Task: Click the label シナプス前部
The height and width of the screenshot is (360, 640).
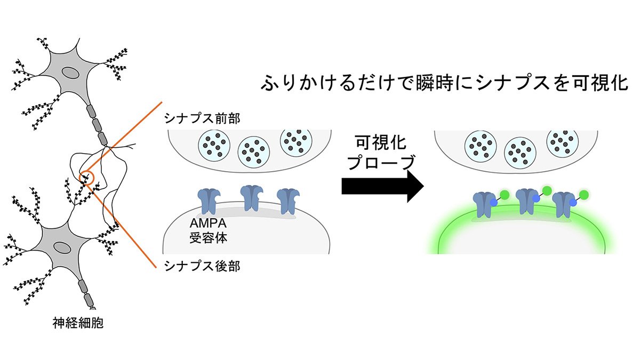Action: pyautogui.click(x=202, y=118)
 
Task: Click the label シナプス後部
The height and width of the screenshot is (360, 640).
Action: pyautogui.click(x=202, y=266)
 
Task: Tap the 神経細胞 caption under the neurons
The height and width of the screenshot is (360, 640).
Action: pyautogui.click(x=78, y=323)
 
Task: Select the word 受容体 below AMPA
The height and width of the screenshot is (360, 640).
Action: pyautogui.click(x=209, y=237)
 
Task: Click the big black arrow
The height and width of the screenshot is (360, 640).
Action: pyautogui.click(x=383, y=187)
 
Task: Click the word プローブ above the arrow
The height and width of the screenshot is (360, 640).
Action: pyautogui.click(x=381, y=163)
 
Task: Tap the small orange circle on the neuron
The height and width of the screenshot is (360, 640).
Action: pyautogui.click(x=86, y=178)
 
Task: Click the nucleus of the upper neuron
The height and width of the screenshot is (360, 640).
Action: pyautogui.click(x=70, y=73)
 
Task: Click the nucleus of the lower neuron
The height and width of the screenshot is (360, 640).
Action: pyautogui.click(x=61, y=247)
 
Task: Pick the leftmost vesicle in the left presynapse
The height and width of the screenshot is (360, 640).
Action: pyautogui.click(x=214, y=145)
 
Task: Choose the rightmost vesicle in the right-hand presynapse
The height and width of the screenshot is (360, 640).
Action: pyautogui.click(x=562, y=141)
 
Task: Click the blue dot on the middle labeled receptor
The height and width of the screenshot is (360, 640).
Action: pyautogui.click(x=536, y=198)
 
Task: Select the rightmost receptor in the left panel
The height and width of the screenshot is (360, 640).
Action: pyautogui.click(x=289, y=202)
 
